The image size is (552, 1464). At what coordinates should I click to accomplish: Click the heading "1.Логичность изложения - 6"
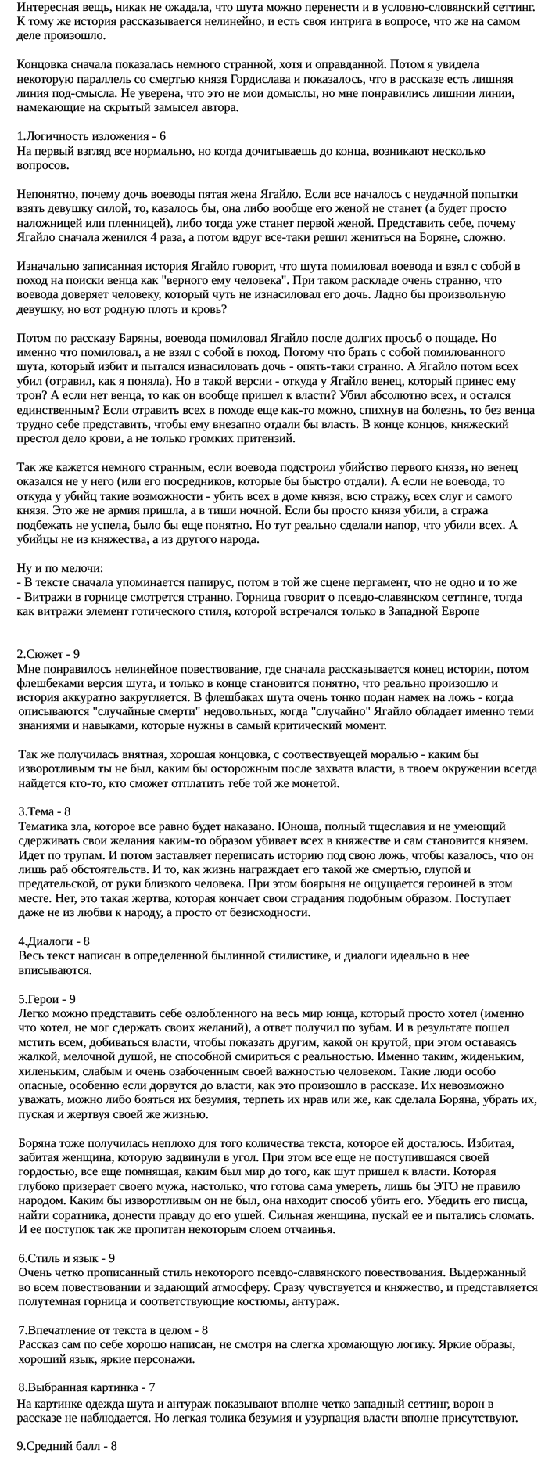click(91, 135)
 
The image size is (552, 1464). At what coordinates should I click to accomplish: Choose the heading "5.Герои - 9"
click(47, 999)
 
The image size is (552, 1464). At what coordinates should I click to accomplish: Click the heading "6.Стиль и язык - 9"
click(66, 1258)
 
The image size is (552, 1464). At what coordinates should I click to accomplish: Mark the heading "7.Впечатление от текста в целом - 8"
click(113, 1329)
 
